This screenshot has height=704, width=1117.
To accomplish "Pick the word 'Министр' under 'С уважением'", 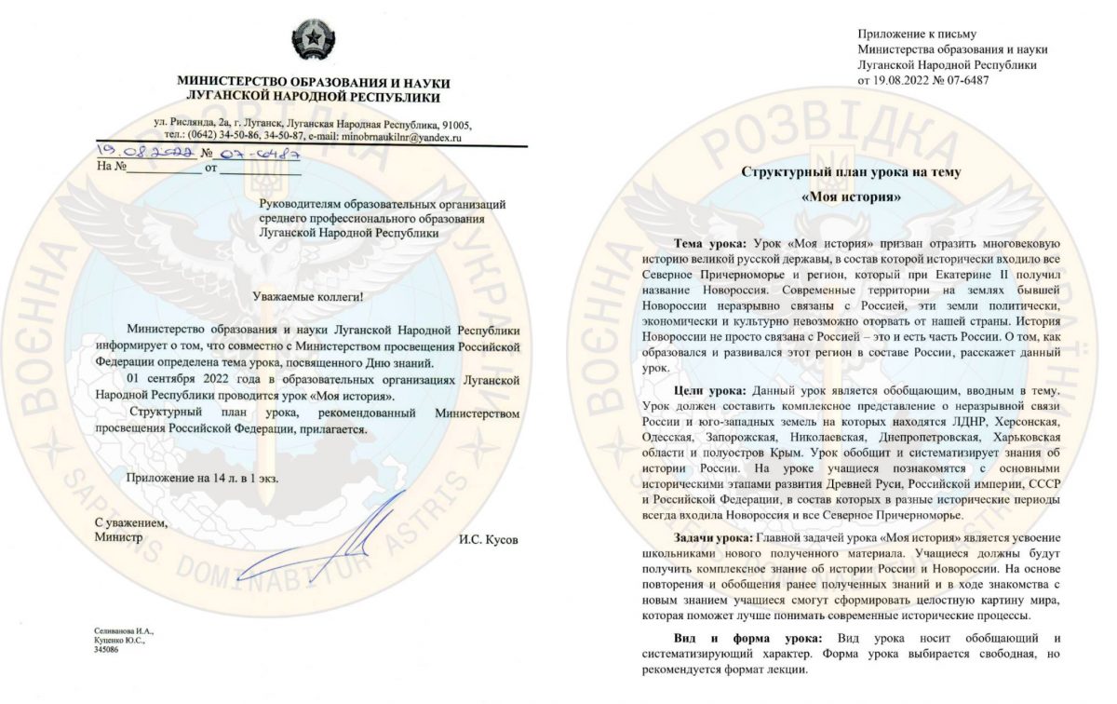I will coord(118,537).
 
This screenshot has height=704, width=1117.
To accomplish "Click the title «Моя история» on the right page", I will coord(851,197).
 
